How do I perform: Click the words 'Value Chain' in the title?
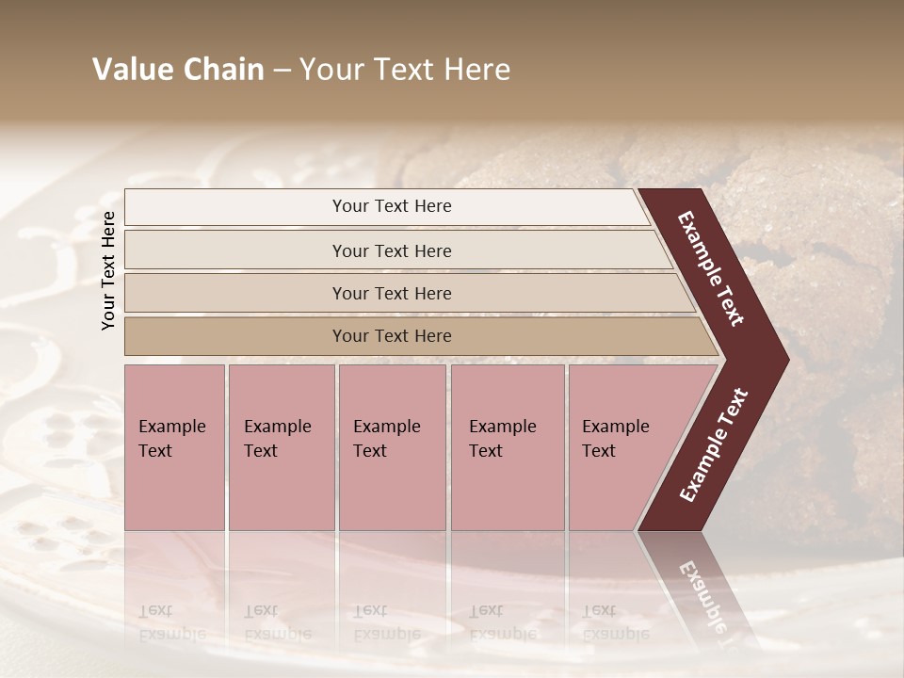[x=178, y=70]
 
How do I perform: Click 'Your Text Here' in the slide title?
[x=405, y=70]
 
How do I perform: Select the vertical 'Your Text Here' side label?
[x=108, y=270]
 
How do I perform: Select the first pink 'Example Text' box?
[x=174, y=447]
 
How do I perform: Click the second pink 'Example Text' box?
[x=282, y=447]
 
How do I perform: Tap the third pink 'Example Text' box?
[x=392, y=447]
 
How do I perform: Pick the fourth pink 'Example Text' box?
[x=508, y=447]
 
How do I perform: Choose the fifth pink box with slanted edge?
[x=621, y=447]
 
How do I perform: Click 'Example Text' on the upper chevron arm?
[x=711, y=268]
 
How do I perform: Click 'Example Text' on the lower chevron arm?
[x=714, y=444]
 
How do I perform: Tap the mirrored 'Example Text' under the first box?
[x=171, y=622]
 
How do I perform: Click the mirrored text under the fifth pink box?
[x=615, y=622]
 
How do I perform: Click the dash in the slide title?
[x=282, y=71]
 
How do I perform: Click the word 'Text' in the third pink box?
[x=370, y=451]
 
